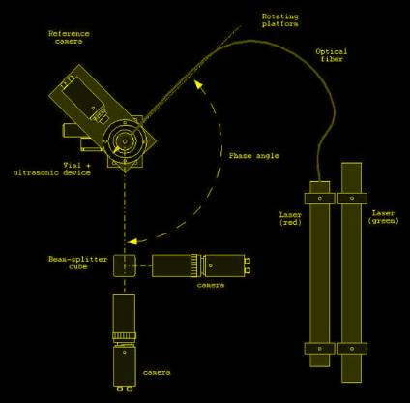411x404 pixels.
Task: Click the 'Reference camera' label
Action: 69,37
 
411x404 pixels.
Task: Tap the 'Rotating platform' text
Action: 279,19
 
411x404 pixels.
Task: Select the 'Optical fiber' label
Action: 332,55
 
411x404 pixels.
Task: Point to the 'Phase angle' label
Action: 253,156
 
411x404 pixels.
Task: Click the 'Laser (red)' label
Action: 290,218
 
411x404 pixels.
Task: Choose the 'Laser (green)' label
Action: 383,217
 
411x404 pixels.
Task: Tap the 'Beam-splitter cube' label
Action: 77,263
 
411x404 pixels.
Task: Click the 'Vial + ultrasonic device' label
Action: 52,169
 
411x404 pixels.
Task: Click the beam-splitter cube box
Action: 125,265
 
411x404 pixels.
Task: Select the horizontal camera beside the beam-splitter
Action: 201,265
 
